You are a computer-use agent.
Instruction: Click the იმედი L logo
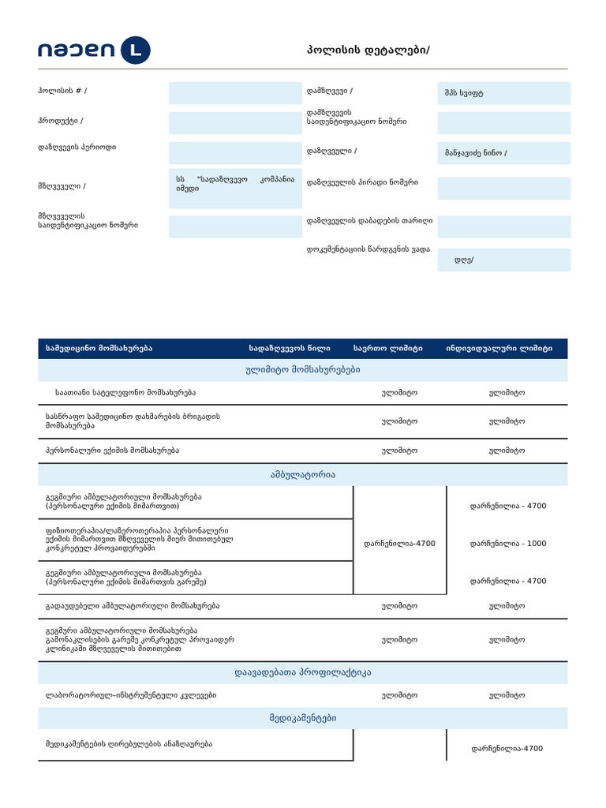(x=93, y=51)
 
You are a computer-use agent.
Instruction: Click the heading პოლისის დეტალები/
(x=368, y=50)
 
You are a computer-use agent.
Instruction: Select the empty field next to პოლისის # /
(x=235, y=92)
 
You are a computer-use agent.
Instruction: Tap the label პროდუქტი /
(x=60, y=121)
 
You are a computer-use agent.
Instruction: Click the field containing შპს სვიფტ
(x=503, y=93)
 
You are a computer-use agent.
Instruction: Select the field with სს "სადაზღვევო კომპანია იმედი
(x=235, y=185)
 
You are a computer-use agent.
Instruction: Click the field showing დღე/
(x=503, y=260)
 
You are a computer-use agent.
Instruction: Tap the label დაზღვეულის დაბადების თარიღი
(x=369, y=220)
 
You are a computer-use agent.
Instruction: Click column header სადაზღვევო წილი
(x=290, y=348)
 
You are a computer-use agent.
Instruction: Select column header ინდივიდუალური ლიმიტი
(x=499, y=348)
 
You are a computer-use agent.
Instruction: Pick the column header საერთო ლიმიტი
(x=388, y=348)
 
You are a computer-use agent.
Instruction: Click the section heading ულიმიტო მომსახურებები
(x=303, y=370)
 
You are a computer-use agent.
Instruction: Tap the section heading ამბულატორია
(x=303, y=474)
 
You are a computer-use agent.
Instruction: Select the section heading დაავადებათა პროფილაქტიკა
(x=303, y=673)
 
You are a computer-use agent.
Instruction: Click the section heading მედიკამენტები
(x=303, y=718)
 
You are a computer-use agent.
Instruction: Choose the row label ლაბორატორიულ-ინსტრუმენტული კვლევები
(x=131, y=696)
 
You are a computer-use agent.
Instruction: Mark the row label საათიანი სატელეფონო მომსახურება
(x=125, y=392)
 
